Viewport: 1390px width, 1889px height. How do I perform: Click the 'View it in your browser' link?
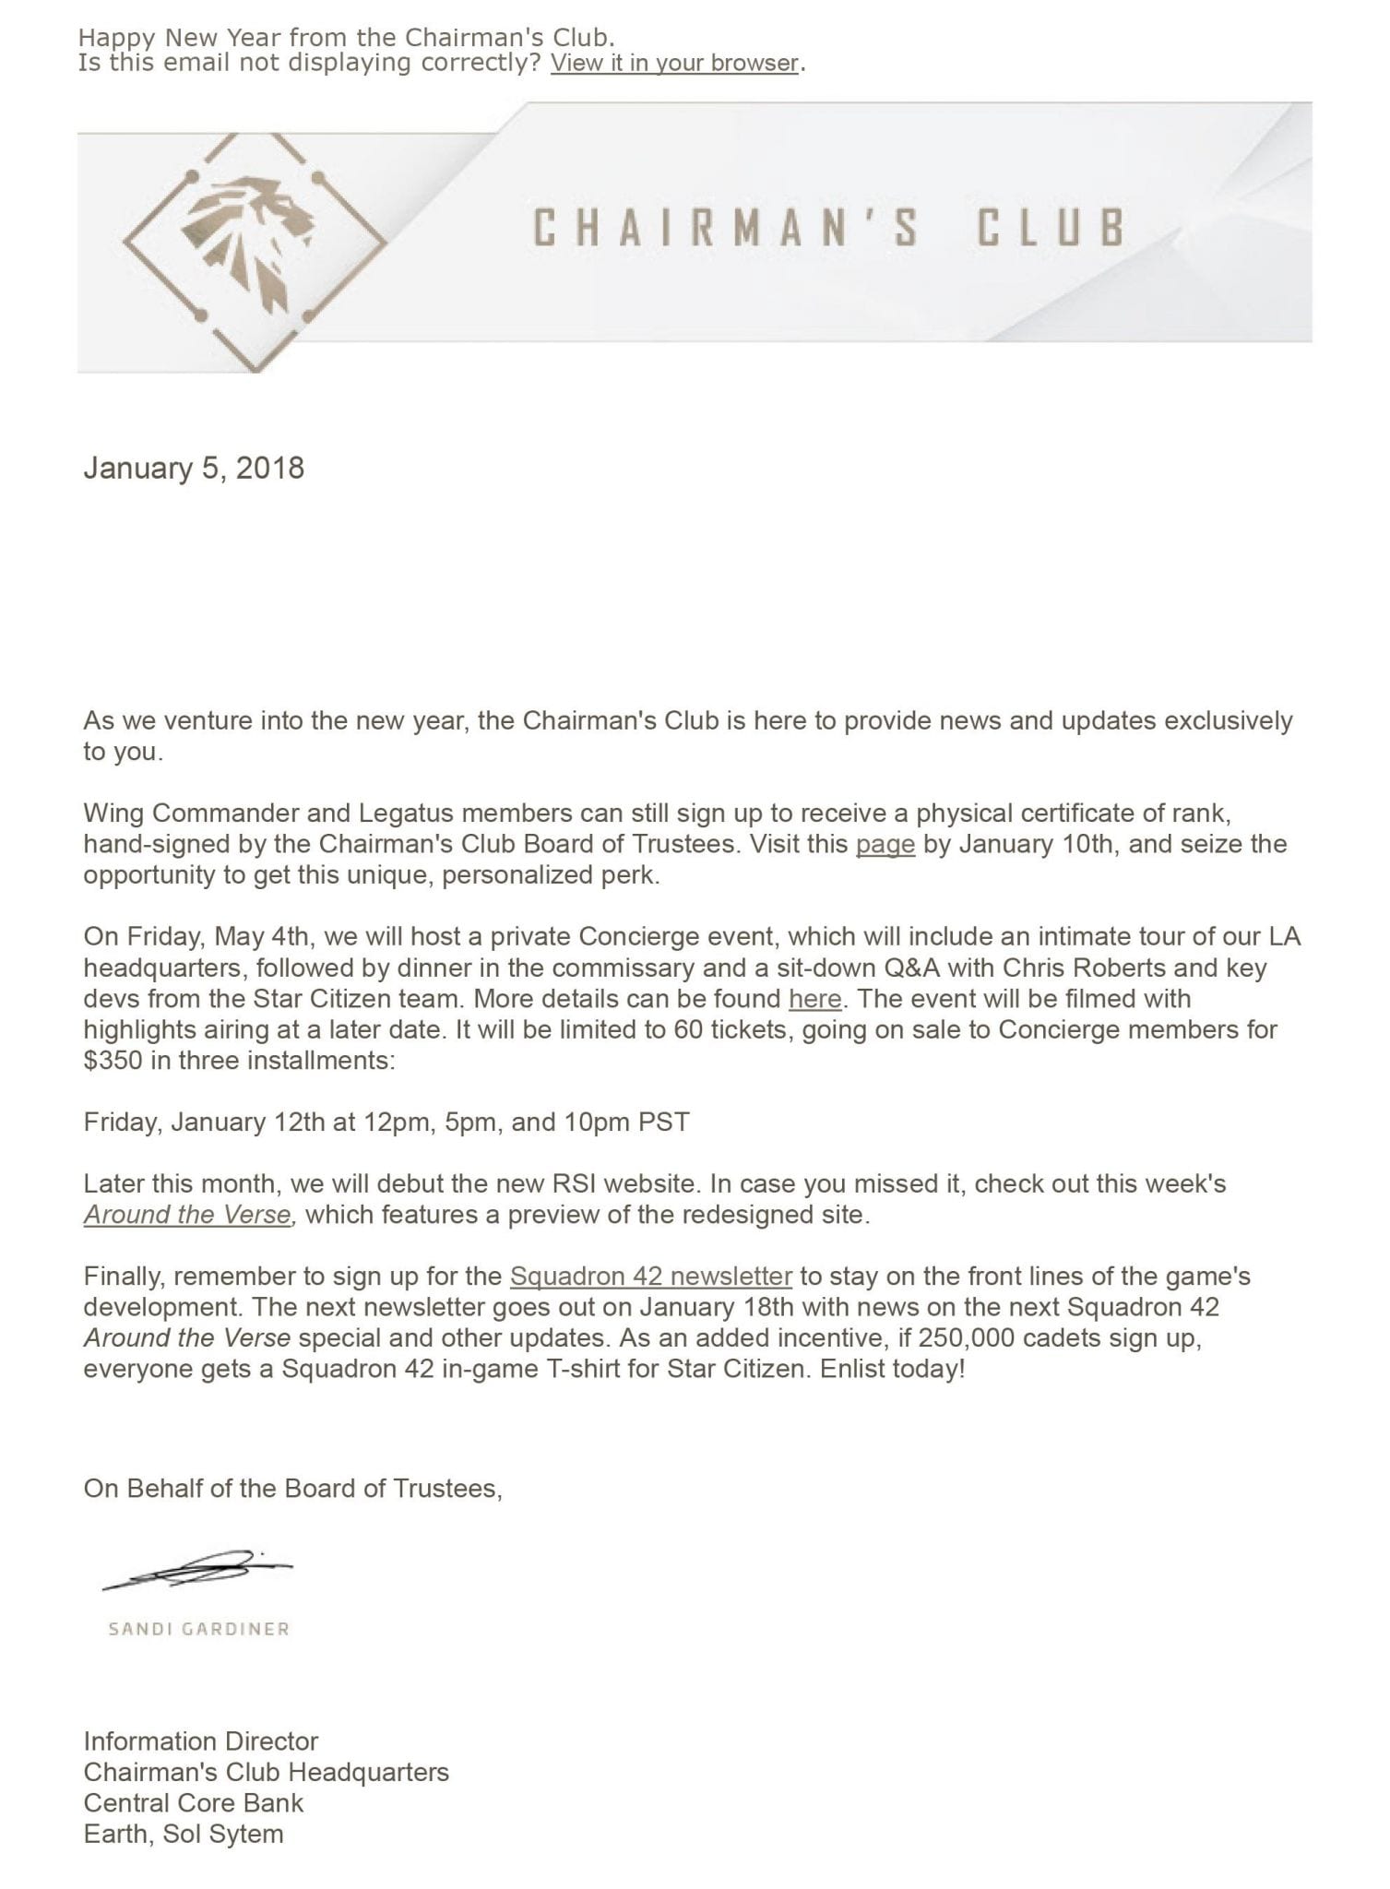pyautogui.click(x=674, y=64)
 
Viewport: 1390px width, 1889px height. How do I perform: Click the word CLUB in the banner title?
pyautogui.click(x=1051, y=228)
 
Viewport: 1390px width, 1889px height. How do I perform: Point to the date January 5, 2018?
pyautogui.click(x=194, y=468)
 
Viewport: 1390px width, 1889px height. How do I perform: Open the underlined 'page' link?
pyautogui.click(x=885, y=844)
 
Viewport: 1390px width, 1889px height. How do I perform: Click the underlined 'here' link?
pyautogui.click(x=814, y=999)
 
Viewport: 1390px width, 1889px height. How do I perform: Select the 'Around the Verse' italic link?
pyautogui.click(x=188, y=1215)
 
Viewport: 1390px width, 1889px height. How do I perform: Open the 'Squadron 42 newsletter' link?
pyautogui.click(x=650, y=1277)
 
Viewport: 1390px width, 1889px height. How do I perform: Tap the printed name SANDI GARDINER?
pyautogui.click(x=199, y=1629)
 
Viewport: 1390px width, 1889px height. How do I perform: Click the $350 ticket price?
pyautogui.click(x=113, y=1061)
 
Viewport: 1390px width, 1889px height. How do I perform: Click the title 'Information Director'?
pyautogui.click(x=201, y=1741)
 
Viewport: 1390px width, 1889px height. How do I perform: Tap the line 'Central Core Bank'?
pyautogui.click(x=194, y=1803)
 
